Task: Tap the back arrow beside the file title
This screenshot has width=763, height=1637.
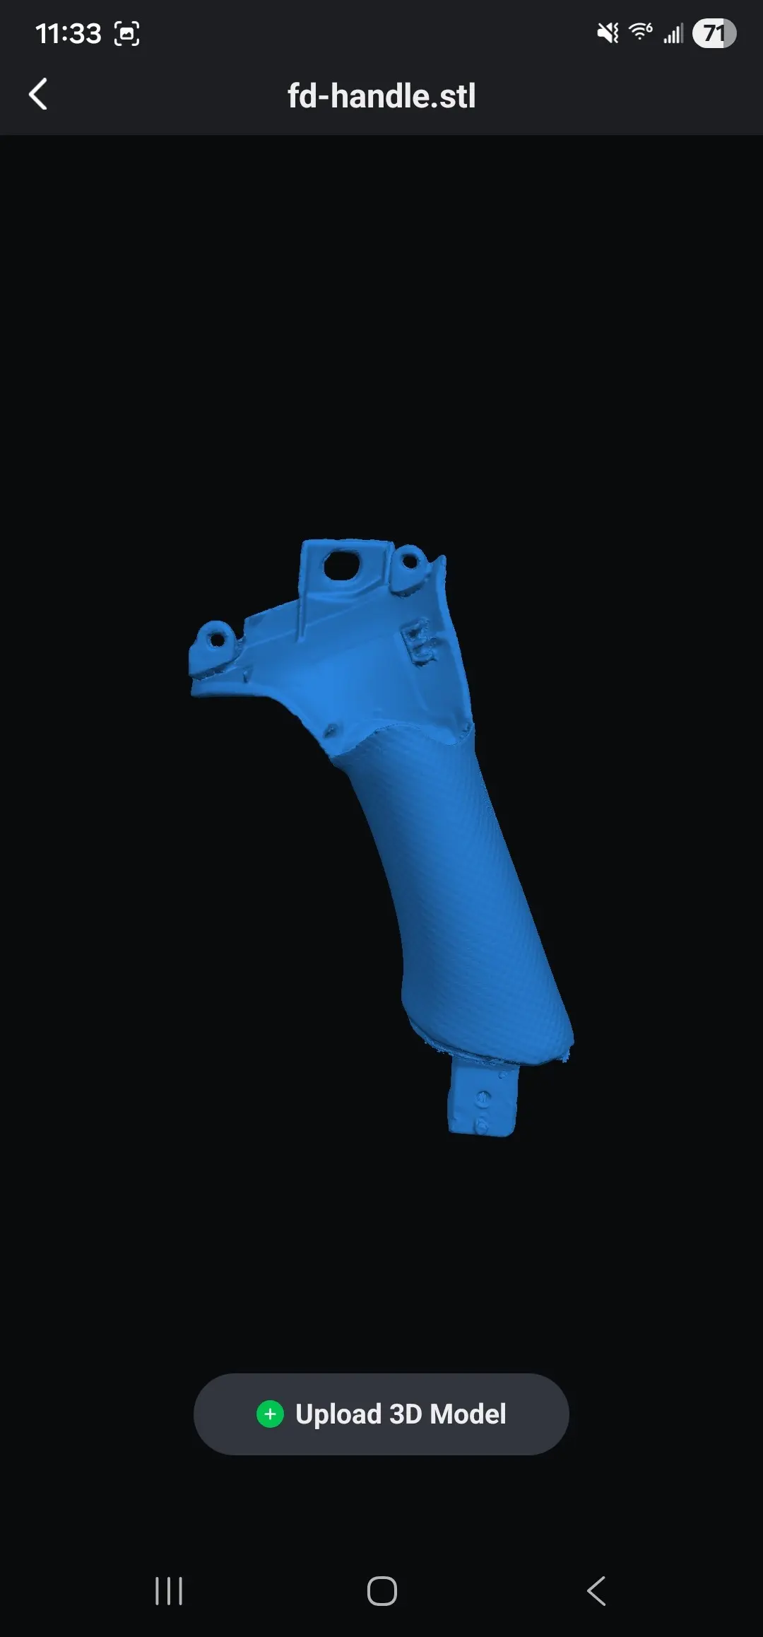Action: (38, 94)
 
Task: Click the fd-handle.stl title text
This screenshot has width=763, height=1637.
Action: (381, 96)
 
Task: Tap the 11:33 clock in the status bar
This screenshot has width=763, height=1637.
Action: (69, 33)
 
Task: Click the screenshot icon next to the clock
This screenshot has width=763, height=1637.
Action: (127, 33)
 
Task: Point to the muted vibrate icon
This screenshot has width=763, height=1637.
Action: (608, 33)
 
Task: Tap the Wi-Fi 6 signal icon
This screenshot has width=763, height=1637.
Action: (641, 32)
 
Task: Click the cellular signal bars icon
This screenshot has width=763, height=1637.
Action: (673, 33)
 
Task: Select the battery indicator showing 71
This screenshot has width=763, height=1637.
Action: (714, 33)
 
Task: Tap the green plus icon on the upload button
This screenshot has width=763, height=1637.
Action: (270, 1414)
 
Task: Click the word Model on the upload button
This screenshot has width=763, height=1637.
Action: (468, 1414)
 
